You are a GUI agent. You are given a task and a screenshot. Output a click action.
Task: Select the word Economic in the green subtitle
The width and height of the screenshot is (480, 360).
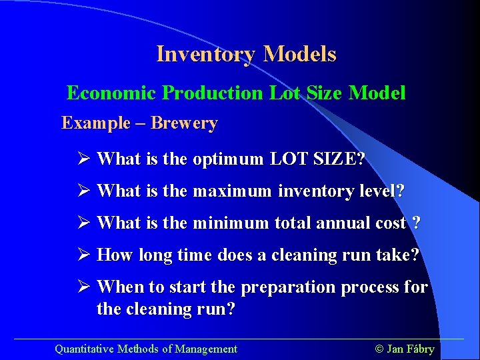(x=111, y=93)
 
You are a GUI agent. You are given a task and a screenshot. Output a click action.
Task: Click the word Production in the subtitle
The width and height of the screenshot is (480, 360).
(x=213, y=93)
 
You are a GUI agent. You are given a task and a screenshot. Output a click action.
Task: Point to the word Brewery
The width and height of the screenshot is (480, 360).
(x=184, y=123)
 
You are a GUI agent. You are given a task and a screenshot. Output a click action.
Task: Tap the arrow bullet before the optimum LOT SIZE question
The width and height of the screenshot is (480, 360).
(x=83, y=159)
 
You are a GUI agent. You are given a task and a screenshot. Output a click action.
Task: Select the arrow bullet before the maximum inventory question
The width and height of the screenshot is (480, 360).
(x=83, y=191)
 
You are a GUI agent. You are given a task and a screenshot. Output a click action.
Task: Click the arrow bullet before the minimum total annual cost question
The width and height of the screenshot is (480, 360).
(x=83, y=223)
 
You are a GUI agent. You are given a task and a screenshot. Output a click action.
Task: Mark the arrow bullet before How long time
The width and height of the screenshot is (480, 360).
(x=83, y=255)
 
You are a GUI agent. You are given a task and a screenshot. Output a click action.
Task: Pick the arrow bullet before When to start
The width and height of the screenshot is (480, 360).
(x=83, y=287)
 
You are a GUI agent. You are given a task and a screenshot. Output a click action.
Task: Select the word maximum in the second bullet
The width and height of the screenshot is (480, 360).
(x=232, y=191)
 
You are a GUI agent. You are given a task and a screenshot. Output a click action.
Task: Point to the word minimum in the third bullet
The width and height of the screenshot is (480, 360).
(x=230, y=223)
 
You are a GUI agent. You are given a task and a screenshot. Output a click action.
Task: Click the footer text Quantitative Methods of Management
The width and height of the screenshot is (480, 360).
(x=145, y=349)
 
